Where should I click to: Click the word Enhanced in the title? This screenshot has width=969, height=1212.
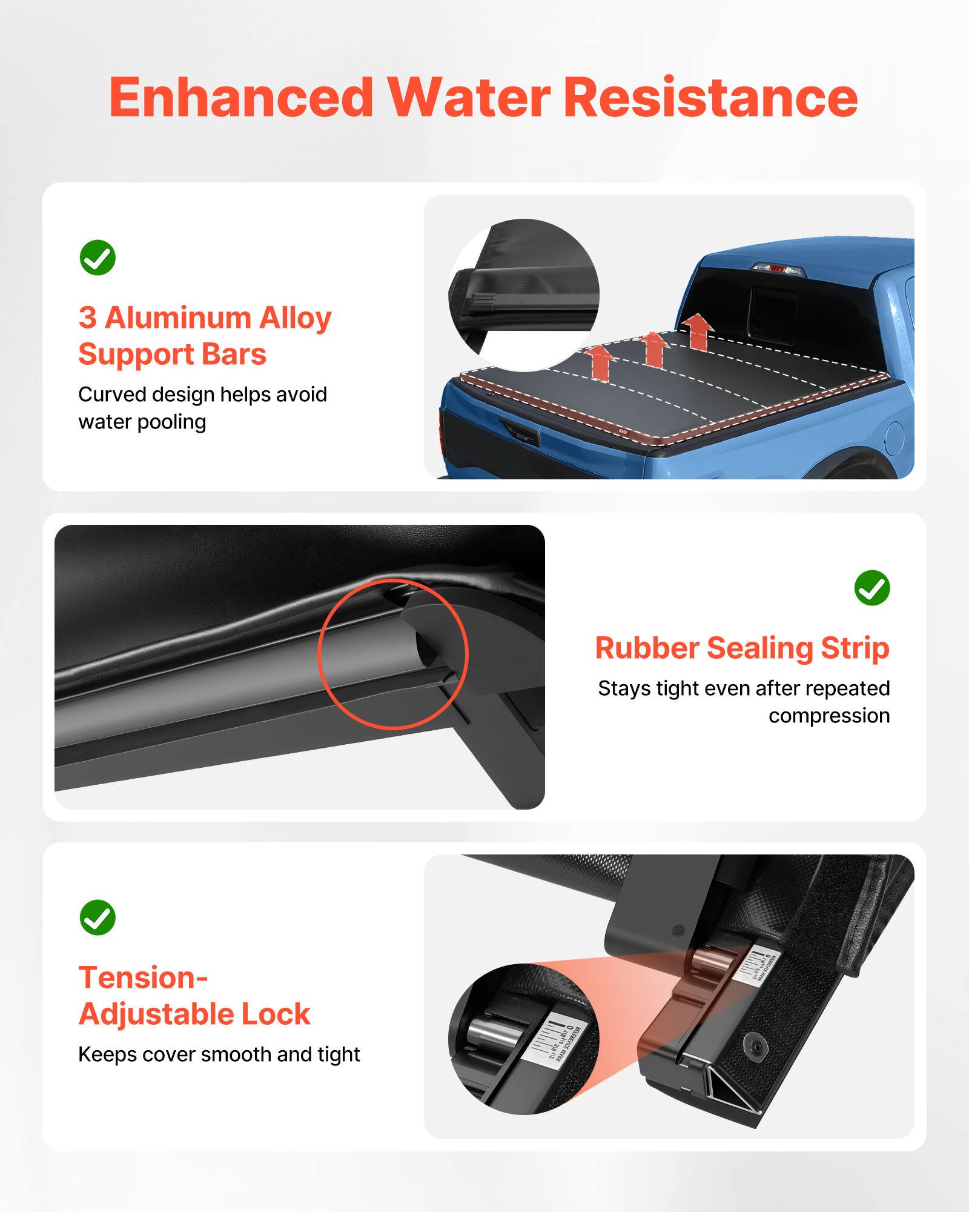click(241, 98)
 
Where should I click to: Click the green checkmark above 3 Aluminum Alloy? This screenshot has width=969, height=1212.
click(98, 258)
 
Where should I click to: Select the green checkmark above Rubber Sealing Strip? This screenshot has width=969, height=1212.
click(871, 587)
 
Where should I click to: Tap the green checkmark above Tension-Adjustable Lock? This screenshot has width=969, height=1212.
click(98, 917)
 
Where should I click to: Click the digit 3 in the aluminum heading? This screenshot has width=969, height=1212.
click(88, 318)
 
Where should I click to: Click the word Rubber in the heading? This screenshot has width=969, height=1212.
click(647, 648)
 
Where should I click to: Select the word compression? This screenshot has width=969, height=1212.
click(828, 716)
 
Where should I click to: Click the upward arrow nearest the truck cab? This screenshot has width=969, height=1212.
click(698, 331)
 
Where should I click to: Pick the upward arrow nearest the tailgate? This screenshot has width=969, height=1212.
click(600, 362)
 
